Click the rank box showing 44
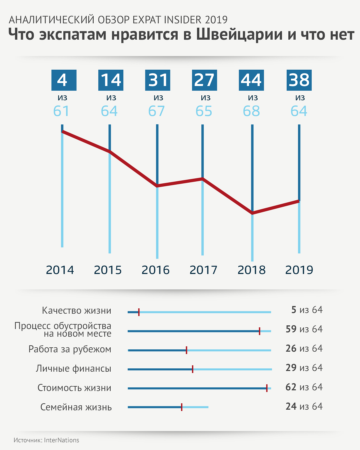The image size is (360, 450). (x=251, y=80)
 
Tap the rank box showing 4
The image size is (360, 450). (x=64, y=80)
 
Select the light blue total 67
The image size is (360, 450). (x=157, y=111)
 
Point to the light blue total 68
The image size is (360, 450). (x=251, y=111)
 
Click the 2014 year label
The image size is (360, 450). (x=60, y=270)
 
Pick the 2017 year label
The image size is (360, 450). (x=203, y=270)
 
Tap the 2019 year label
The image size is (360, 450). (x=299, y=270)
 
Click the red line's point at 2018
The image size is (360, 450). (x=252, y=213)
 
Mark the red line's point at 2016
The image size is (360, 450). (x=157, y=186)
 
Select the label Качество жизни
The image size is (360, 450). (x=77, y=311)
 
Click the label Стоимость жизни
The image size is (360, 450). (x=74, y=388)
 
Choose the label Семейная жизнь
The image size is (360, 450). (x=76, y=407)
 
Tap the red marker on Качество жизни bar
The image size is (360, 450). (x=139, y=312)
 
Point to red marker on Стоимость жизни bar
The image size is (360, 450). (x=267, y=388)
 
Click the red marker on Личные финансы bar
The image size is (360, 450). (x=193, y=369)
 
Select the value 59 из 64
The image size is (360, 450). (x=304, y=329)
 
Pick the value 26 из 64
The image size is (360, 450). (x=304, y=349)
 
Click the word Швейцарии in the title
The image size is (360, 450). (x=239, y=35)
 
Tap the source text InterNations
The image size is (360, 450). (x=62, y=440)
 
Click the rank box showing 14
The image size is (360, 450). (x=111, y=80)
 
